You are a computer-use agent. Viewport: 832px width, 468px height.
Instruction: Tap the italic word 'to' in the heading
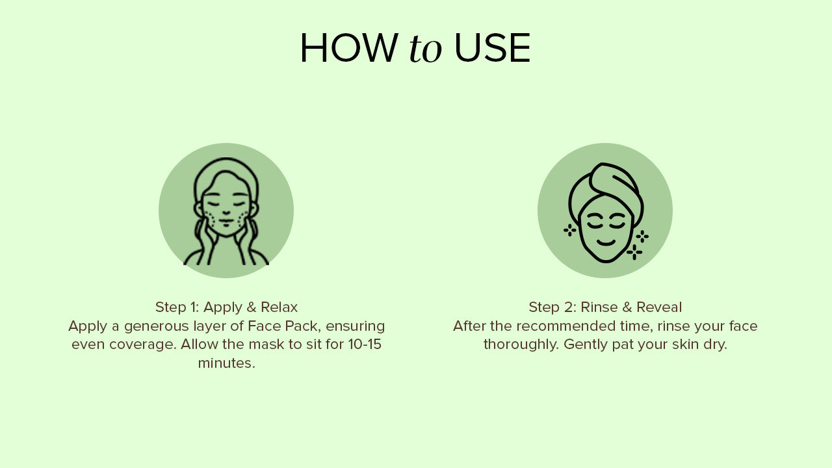click(425, 49)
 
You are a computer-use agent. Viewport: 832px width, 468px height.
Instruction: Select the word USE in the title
click(492, 48)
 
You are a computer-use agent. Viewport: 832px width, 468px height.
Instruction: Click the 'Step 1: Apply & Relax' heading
click(227, 307)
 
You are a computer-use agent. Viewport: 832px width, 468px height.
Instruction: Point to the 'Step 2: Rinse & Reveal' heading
click(605, 307)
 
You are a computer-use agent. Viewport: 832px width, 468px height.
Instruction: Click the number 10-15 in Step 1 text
click(365, 344)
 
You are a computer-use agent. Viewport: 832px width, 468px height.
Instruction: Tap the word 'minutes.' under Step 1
click(227, 363)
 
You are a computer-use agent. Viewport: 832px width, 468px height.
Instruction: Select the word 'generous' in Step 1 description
click(157, 327)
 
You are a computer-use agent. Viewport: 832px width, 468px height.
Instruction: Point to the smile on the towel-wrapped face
click(606, 243)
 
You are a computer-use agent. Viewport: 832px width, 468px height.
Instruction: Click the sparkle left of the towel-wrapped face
click(570, 230)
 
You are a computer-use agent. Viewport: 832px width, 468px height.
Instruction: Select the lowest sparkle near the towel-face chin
click(634, 252)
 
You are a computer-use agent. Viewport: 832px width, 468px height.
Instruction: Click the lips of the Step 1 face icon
click(226, 222)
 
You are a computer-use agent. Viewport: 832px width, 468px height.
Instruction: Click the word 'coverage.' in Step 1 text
click(142, 345)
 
